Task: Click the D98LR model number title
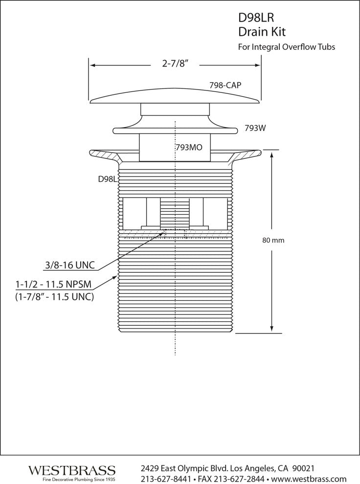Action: coord(256,18)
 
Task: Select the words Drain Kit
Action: coord(262,32)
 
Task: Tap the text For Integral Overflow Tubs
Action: coord(287,47)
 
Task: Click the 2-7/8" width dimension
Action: coord(175,64)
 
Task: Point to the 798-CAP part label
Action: coord(225,85)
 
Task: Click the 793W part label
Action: coord(255,128)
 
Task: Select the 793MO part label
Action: coord(189,148)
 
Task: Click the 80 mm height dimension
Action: coord(273,240)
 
